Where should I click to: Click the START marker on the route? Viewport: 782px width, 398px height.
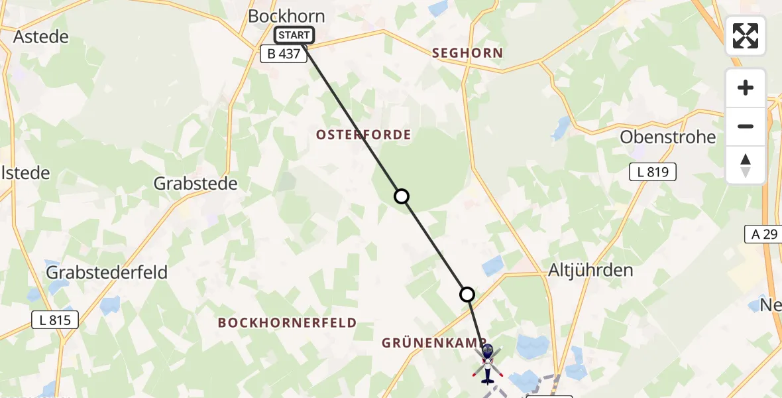tap(294, 35)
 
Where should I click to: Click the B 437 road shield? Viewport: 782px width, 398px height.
tap(284, 54)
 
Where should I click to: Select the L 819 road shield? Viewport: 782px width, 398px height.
tap(652, 172)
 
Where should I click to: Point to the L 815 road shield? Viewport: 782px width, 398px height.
tap(55, 320)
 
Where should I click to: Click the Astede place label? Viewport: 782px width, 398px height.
tap(40, 36)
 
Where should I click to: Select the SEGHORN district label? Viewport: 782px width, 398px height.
tap(467, 53)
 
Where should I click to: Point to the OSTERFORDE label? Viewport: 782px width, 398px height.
tap(363, 135)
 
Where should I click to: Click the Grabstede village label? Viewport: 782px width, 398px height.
tap(195, 184)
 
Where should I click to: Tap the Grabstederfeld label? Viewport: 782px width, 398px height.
tap(107, 272)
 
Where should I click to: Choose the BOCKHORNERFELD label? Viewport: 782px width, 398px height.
tap(287, 323)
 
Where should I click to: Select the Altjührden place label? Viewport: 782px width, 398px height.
tap(591, 270)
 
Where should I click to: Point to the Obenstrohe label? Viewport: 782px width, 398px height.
tap(667, 137)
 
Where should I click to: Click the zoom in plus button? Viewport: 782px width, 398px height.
tap(746, 88)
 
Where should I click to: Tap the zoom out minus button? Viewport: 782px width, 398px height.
tap(746, 127)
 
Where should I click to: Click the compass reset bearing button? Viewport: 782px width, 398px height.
tap(746, 165)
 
